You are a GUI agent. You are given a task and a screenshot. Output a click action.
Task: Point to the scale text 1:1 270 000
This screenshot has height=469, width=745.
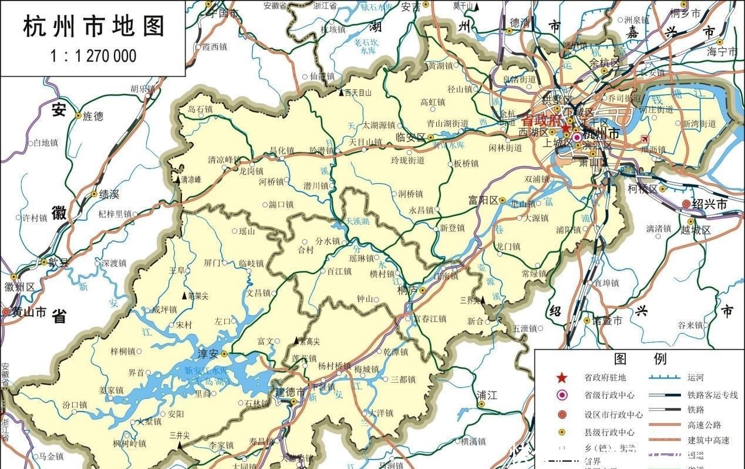pyautogui.click(x=93, y=56)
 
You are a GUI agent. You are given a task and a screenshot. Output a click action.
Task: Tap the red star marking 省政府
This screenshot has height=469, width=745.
pyautogui.click(x=565, y=128)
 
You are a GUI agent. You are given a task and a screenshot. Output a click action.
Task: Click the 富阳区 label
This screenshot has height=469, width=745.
pyautogui.click(x=483, y=200)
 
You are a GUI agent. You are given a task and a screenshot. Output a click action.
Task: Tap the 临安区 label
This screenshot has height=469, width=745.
pyautogui.click(x=410, y=137)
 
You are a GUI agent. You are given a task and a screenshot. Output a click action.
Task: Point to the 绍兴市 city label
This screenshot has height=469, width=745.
pyautogui.click(x=710, y=204)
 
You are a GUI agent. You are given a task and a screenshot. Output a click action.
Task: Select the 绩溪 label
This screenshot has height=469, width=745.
pyautogui.click(x=109, y=194)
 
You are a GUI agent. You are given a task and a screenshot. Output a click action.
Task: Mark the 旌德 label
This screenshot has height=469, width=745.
pyautogui.click(x=93, y=116)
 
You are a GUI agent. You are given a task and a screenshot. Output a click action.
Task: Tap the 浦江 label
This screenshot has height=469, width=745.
pyautogui.click(x=487, y=395)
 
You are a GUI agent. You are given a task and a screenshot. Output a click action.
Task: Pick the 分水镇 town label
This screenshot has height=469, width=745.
pyautogui.click(x=328, y=241)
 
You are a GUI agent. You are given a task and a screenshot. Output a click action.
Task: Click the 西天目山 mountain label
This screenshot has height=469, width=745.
pyautogui.click(x=358, y=93)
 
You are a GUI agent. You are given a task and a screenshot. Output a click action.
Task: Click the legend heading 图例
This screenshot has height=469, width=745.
pyautogui.click(x=639, y=359)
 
